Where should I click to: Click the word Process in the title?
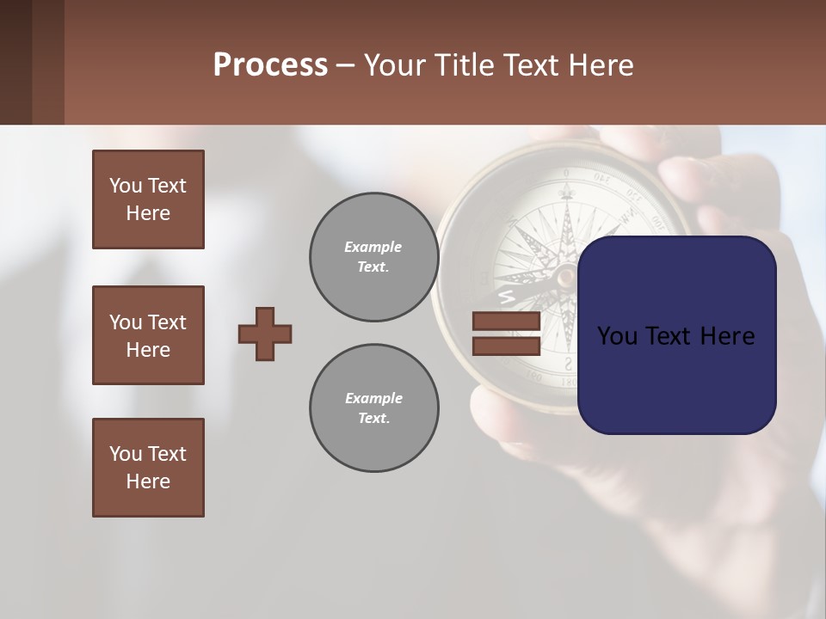[x=270, y=65]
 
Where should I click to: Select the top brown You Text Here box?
[x=148, y=199]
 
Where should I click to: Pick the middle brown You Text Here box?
[x=148, y=335]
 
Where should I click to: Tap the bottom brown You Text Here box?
[x=148, y=468]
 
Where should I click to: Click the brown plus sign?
[x=265, y=334]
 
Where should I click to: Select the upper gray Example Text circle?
[x=373, y=257]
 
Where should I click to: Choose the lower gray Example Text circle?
[x=373, y=408]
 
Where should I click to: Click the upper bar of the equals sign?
[x=507, y=322]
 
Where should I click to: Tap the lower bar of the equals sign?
[x=507, y=346]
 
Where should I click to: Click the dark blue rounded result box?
[x=676, y=335]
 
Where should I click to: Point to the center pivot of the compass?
[x=565, y=276]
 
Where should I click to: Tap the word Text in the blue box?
[x=675, y=335]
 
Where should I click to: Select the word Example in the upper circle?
[x=373, y=247]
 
